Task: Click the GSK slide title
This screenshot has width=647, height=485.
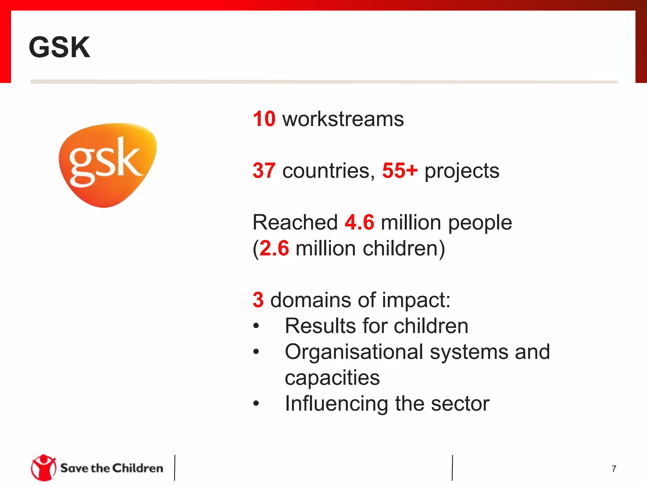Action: (59, 47)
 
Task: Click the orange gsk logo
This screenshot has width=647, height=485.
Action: (107, 165)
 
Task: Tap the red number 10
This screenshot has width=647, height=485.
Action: (264, 119)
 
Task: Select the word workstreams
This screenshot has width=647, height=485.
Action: (343, 119)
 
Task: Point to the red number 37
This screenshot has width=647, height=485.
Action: (264, 171)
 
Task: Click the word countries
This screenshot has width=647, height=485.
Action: (328, 171)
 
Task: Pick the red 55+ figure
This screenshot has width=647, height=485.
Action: (400, 171)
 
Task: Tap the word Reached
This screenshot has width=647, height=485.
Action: (295, 222)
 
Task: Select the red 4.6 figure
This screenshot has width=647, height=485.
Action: (360, 222)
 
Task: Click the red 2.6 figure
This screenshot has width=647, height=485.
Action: (274, 248)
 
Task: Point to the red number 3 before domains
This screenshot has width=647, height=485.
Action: (258, 300)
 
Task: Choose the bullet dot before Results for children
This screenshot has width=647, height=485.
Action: (256, 326)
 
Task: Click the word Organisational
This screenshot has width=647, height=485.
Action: (354, 352)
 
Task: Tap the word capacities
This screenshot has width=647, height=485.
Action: (332, 378)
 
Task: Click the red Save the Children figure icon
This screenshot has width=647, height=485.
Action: (44, 468)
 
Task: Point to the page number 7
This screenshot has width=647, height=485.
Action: (614, 469)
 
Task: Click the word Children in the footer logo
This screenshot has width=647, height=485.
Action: (138, 468)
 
